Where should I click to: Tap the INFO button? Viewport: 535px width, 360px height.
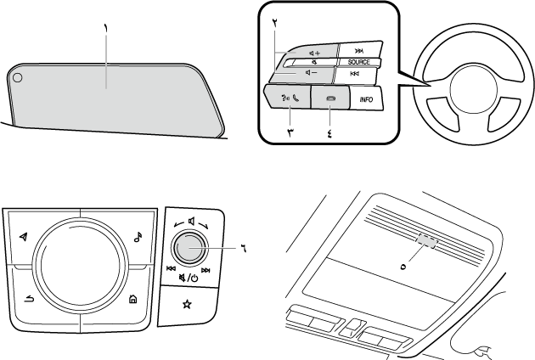[x=366, y=99]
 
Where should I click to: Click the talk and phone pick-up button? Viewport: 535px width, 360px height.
[x=281, y=98]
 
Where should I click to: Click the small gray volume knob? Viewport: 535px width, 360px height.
[x=189, y=248]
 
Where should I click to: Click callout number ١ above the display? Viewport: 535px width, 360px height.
[x=106, y=28]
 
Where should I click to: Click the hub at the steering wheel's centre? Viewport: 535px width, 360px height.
[x=466, y=88]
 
